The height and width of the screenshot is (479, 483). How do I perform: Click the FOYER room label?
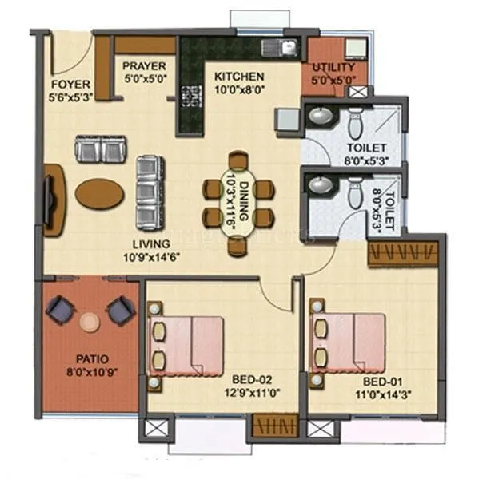click(70, 85)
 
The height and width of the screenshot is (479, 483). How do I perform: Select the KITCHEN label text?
click(239, 77)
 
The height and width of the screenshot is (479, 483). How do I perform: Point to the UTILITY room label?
click(335, 67)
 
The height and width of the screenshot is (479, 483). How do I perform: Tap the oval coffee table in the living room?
click(100, 192)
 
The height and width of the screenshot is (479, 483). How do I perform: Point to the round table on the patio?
click(90, 320)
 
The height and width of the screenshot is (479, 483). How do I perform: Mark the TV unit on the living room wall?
click(51, 200)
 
